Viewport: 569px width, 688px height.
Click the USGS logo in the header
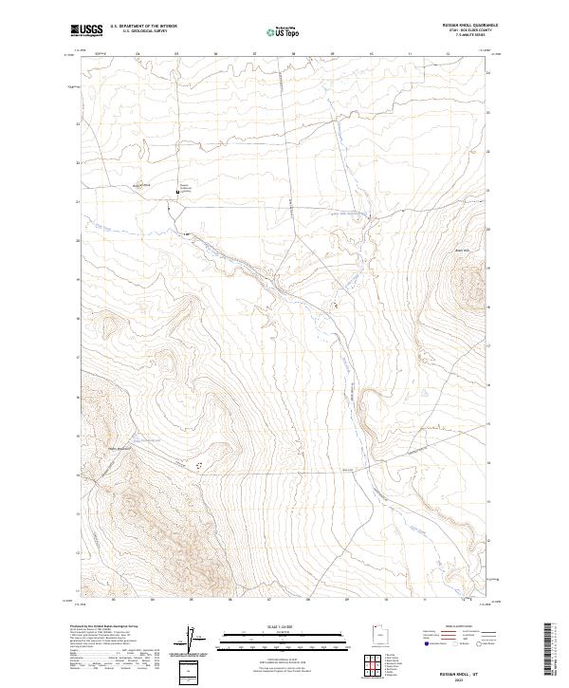[88, 31]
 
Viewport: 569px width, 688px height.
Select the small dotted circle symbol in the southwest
[199, 465]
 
